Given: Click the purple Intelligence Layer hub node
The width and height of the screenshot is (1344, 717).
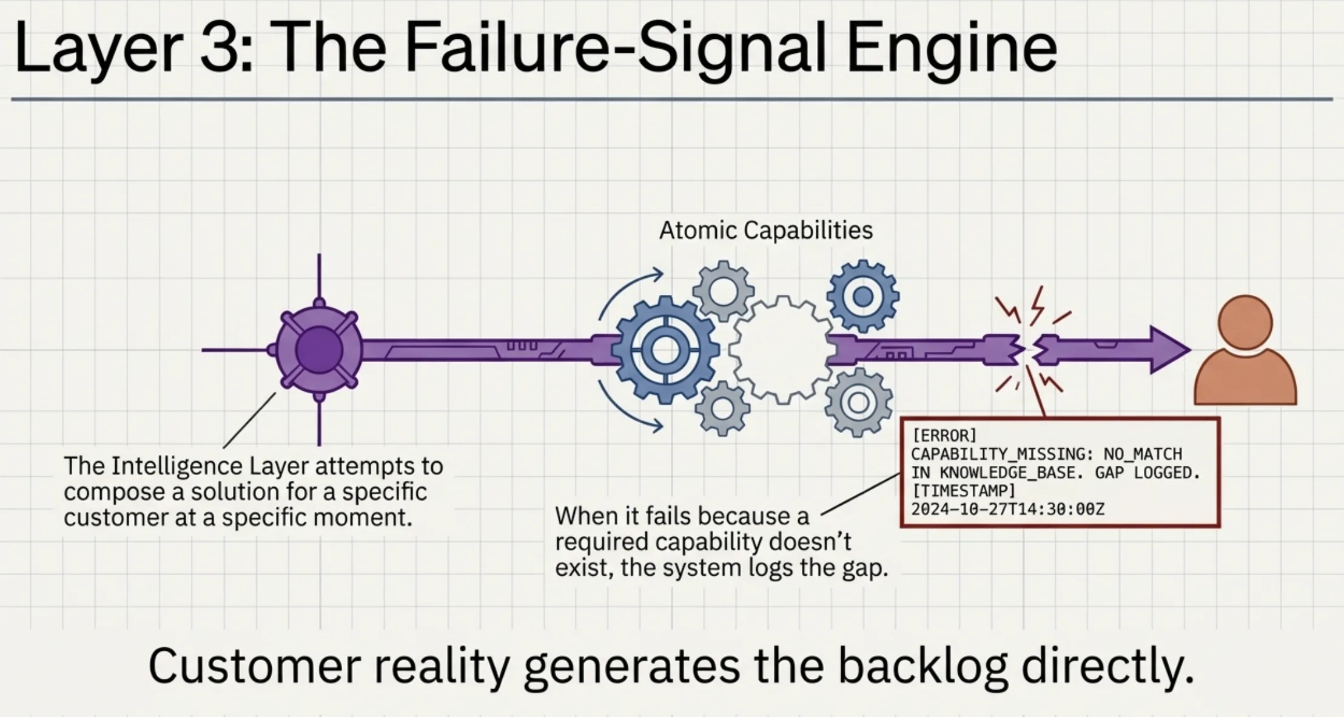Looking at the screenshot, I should pyautogui.click(x=319, y=350).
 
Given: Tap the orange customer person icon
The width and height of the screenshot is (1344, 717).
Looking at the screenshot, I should pyautogui.click(x=1245, y=352).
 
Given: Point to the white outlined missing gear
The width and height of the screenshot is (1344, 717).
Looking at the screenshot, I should pyautogui.click(x=782, y=350).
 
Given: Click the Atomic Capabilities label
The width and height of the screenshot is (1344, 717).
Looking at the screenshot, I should pyautogui.click(x=765, y=231).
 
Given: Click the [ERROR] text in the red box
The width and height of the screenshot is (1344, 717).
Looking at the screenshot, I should pyautogui.click(x=944, y=436).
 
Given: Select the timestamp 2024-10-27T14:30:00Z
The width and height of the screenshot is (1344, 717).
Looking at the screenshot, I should pyautogui.click(x=1007, y=509).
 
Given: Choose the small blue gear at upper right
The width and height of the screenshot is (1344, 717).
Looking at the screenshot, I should pyautogui.click(x=862, y=297).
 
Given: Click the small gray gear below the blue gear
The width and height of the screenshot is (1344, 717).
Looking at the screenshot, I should pyautogui.click(x=722, y=408).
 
